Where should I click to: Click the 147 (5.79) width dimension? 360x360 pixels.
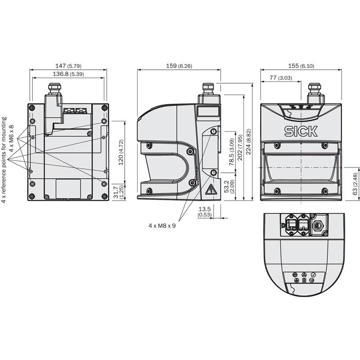(68, 66)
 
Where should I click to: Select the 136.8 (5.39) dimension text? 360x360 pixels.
(68, 74)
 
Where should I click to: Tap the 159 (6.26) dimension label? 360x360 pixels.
(179, 66)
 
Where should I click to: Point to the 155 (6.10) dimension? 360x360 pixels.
(301, 66)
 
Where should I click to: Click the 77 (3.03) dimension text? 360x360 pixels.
(281, 77)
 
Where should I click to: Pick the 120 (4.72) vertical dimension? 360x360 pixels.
(121, 152)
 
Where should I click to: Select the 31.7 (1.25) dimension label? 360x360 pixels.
(119, 192)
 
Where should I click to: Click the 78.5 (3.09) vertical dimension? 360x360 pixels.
(232, 152)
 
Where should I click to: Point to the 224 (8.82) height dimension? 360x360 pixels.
(248, 142)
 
